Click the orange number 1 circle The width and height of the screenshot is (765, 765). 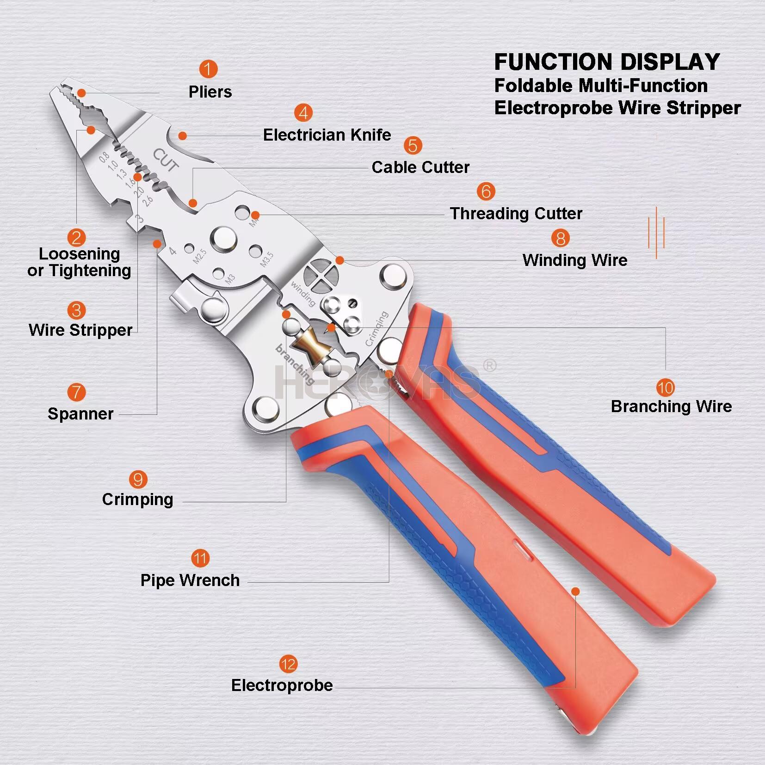[208, 69]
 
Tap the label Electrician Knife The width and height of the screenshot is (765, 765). [327, 135]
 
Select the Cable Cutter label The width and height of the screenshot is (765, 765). [420, 167]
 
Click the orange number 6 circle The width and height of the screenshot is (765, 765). [486, 191]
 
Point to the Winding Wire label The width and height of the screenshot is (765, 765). [575, 260]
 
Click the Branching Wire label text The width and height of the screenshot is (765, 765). [671, 406]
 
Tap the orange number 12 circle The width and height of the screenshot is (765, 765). [288, 665]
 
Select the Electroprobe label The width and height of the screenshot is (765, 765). [282, 685]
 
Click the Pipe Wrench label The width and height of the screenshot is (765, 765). [190, 580]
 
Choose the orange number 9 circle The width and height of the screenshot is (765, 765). [138, 480]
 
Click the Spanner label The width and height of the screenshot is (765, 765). [80, 413]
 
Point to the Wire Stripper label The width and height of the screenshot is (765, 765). [80, 330]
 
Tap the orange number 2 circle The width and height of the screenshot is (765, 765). [76, 238]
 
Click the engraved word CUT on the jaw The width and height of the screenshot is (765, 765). [166, 160]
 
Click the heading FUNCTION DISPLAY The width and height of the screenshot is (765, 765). [607, 62]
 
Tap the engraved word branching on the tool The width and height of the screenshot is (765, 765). [295, 364]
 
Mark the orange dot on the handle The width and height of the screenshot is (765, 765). [575, 591]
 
